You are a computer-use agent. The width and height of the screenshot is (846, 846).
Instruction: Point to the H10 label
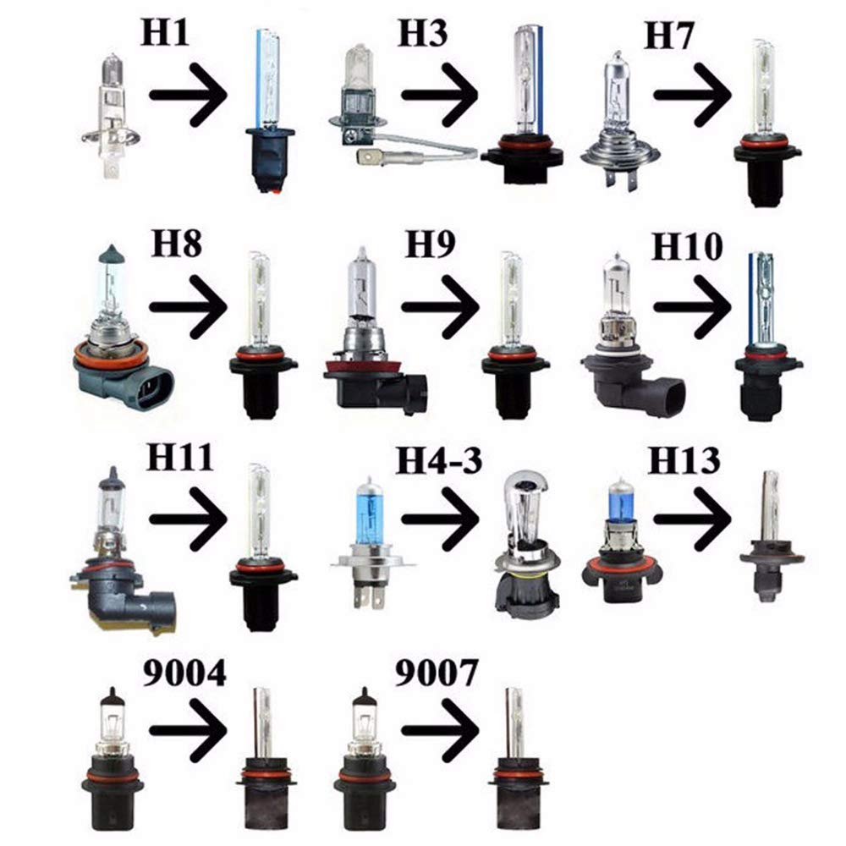coord(687,249)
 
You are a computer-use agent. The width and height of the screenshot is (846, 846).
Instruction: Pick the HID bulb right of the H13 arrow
coord(769,541)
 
